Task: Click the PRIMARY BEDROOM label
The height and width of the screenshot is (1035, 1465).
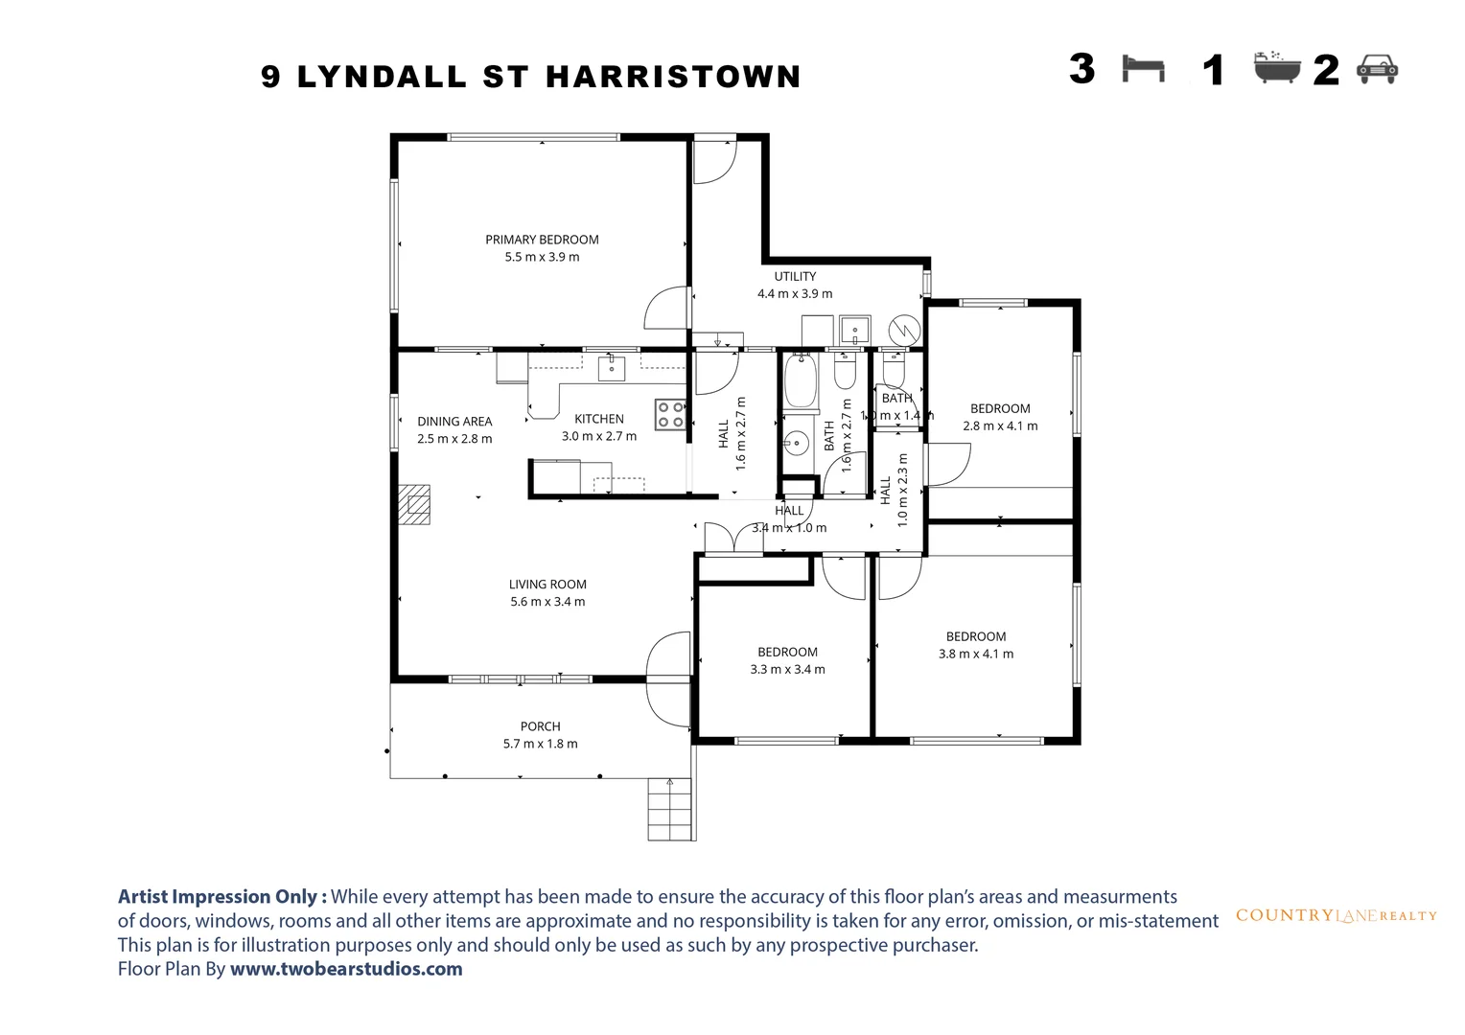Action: [x=542, y=240]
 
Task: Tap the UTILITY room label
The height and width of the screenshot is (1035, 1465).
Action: [x=795, y=276]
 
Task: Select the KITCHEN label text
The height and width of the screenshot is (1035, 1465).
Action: [x=599, y=419]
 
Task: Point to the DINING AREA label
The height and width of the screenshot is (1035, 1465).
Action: [x=454, y=422]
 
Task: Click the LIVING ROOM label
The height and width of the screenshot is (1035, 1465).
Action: [x=547, y=585]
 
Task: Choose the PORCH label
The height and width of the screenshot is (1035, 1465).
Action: [x=541, y=726]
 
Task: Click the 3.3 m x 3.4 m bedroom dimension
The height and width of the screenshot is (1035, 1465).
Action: [x=787, y=670]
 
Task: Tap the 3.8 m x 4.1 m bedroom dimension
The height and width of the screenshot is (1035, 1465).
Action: [x=976, y=655]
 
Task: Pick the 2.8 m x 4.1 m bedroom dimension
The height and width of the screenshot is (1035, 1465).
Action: [x=1000, y=426]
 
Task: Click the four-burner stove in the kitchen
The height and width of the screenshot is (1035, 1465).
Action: [x=669, y=414]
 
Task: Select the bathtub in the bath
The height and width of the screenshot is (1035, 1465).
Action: [x=799, y=381]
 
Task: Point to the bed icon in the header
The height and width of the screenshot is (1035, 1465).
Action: [x=1143, y=69]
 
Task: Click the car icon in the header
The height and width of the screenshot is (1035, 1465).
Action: [x=1377, y=69]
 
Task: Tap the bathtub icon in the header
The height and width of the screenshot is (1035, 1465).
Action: [x=1277, y=68]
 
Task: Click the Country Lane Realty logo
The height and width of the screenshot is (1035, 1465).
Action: [x=1336, y=915]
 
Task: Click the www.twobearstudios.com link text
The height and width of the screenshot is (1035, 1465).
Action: [x=346, y=969]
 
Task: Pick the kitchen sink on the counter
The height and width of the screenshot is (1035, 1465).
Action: [x=612, y=367]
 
